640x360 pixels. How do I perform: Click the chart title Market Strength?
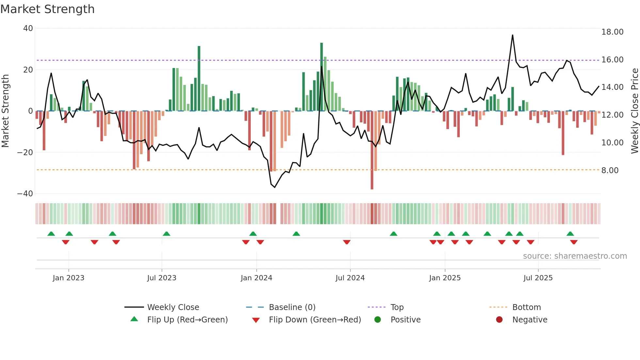coord(47,9)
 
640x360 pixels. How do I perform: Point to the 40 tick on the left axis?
coord(28,28)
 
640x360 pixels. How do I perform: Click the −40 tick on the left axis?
coord(25,194)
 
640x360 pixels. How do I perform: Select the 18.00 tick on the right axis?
coord(612,32)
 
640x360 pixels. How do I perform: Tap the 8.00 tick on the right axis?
coord(610,171)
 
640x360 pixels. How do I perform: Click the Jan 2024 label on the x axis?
coord(256,278)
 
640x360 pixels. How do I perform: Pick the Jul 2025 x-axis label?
coord(538,278)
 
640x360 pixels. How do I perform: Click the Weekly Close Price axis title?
coord(634,111)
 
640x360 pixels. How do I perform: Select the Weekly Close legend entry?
coord(173,307)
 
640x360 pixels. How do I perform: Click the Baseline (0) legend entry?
coord(292,307)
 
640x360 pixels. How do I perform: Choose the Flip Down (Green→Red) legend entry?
coord(314,320)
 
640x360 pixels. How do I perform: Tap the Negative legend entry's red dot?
coord(499,320)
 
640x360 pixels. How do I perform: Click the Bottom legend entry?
coord(526,307)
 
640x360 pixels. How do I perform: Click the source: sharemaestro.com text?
coord(575,256)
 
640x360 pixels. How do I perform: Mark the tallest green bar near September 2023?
coord(199,78)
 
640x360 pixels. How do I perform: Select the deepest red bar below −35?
coord(372,150)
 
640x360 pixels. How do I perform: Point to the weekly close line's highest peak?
coord(512,35)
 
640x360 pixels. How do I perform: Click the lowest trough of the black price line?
coord(275,187)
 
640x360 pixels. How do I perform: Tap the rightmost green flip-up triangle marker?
coord(570,234)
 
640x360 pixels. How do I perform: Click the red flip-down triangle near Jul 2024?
coord(347,242)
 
